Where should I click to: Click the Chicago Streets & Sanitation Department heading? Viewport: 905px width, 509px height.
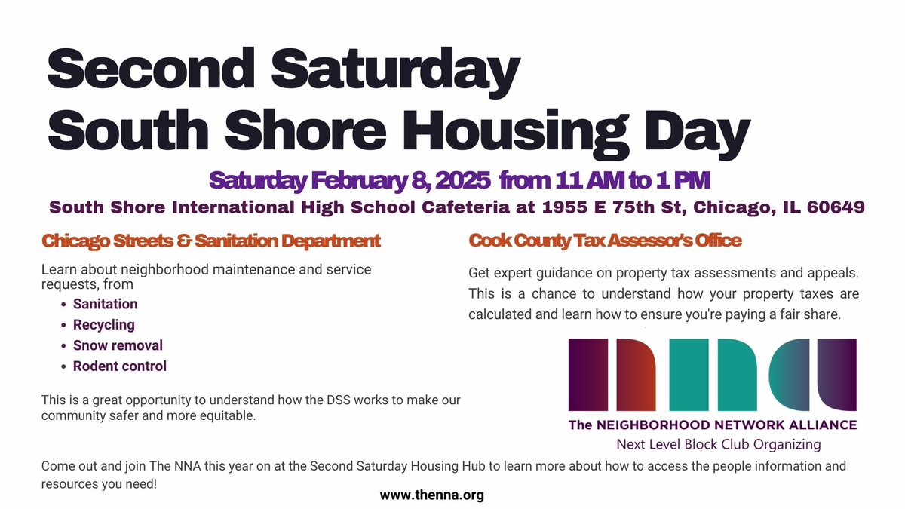coord(211,241)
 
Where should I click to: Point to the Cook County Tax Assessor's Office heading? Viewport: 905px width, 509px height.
coord(605,241)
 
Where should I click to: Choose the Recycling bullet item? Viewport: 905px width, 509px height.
coord(103,325)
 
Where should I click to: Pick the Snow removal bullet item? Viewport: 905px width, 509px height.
coord(118,345)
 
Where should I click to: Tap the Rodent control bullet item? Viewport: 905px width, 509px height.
coord(120,366)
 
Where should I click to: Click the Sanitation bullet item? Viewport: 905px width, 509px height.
coord(105,305)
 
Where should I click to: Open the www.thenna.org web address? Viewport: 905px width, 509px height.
coord(431,495)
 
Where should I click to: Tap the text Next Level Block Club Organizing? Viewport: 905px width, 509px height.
coord(718,444)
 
